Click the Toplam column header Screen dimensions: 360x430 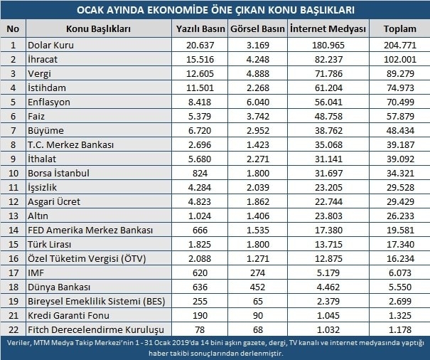[x=400, y=29]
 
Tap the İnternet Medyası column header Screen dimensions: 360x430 [x=329, y=29]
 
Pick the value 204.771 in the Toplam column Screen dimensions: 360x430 [x=400, y=45]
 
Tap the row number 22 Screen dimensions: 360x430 [x=13, y=329]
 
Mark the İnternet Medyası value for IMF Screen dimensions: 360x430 [x=329, y=272]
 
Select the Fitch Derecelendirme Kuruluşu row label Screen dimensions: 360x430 [x=95, y=329]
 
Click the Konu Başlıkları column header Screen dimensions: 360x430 [x=98, y=29]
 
